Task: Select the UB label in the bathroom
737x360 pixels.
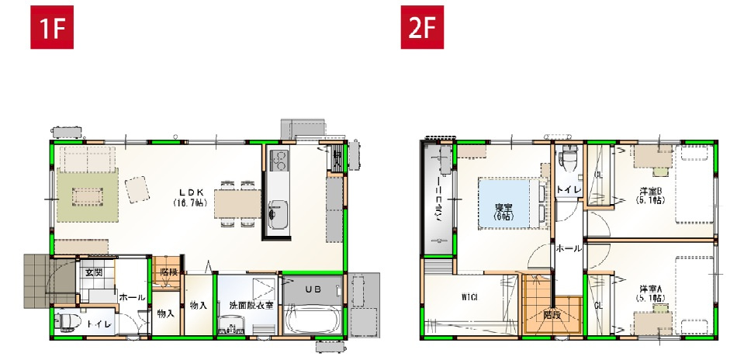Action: point(312,289)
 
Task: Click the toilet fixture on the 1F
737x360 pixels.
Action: point(68,321)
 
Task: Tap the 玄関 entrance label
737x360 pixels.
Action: point(94,273)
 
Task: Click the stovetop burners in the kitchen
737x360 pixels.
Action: point(278,161)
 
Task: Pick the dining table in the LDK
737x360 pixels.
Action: point(237,204)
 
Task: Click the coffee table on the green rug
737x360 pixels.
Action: point(85,196)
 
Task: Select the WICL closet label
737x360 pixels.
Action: point(468,296)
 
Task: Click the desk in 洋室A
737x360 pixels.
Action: point(652,321)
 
